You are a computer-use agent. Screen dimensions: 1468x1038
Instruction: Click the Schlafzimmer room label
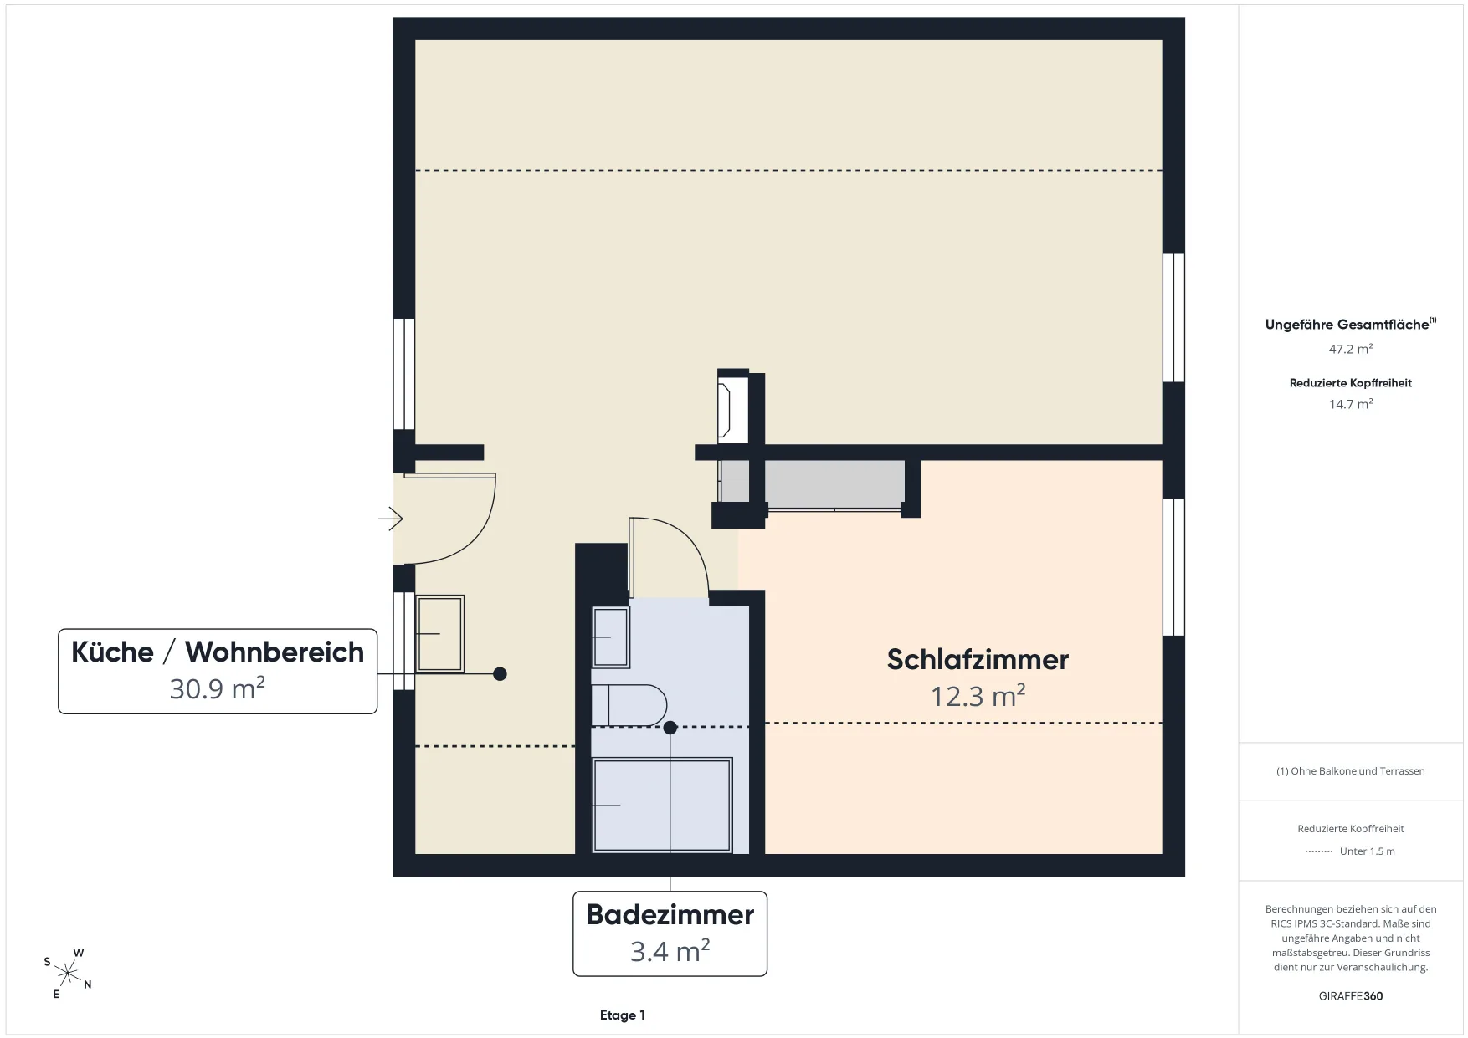pos(978,659)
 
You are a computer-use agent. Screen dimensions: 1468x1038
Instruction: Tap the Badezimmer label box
pos(670,933)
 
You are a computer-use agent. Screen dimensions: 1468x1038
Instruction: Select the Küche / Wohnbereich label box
pos(218,671)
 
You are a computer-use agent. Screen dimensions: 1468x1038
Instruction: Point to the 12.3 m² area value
pos(978,695)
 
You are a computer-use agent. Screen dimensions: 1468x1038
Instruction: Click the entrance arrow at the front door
pos(391,519)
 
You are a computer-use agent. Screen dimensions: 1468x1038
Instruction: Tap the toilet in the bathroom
pos(629,705)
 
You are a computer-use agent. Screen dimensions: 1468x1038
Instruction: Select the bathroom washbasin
pos(610,637)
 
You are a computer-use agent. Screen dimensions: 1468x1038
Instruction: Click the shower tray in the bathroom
pos(662,805)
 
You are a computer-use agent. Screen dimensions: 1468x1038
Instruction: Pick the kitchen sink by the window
pos(439,634)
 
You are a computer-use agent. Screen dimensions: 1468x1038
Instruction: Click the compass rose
pos(68,973)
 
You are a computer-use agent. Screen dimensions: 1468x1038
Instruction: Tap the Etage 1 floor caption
pos(623,1015)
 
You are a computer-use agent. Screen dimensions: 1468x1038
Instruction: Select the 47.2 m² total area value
pos(1351,349)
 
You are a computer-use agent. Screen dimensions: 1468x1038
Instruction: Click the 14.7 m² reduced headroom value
pos(1351,404)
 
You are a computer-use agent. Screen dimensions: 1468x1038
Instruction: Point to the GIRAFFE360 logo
pos(1351,996)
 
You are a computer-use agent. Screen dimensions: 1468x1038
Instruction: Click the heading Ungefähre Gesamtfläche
pos(1347,325)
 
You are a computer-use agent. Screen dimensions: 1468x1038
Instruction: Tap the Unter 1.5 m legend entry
pos(1367,851)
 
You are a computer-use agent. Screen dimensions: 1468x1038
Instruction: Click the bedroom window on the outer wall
pos(1174,567)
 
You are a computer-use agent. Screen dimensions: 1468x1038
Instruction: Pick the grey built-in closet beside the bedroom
pos(834,483)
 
